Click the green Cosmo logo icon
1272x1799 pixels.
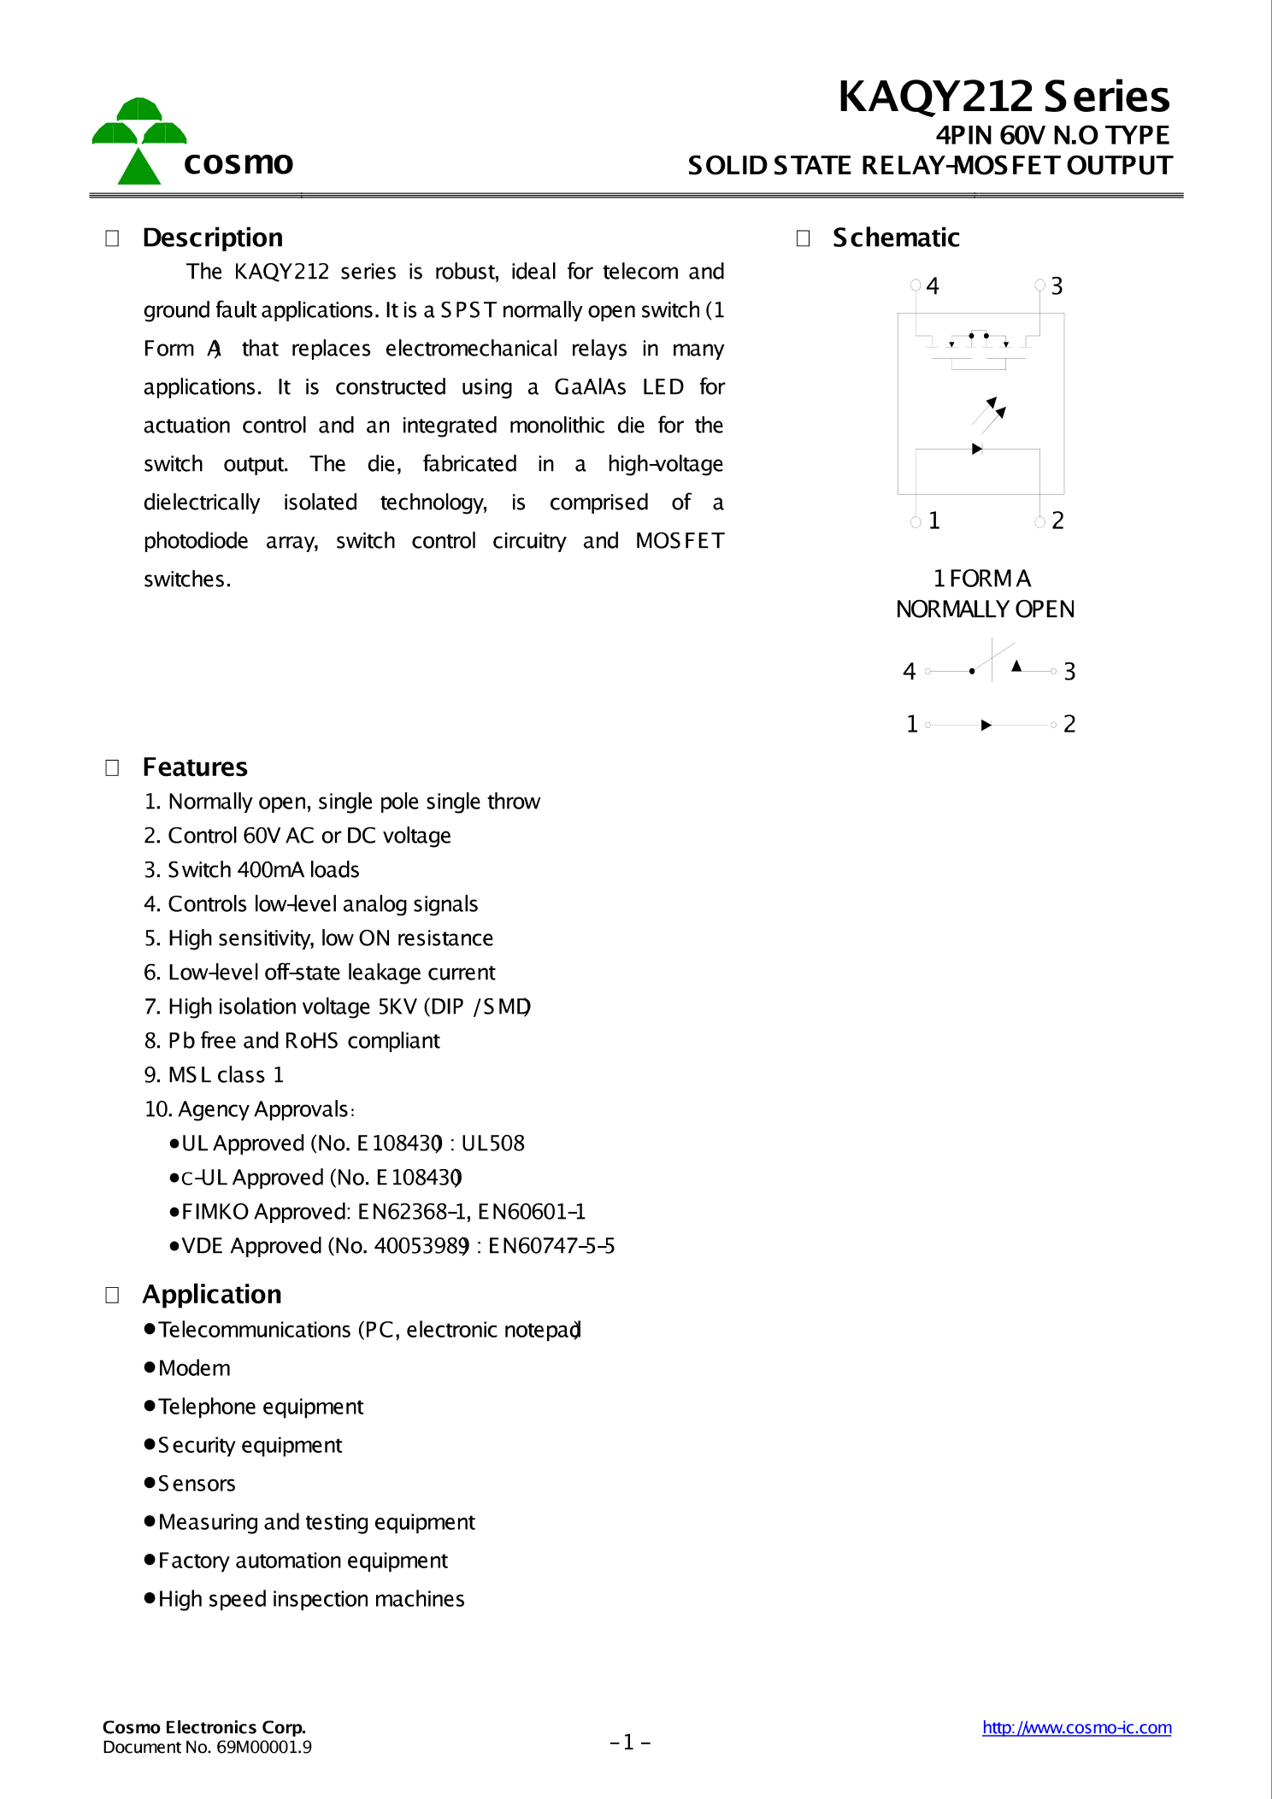[x=138, y=141]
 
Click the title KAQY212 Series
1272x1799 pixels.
[x=1004, y=97]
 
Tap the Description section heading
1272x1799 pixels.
[x=212, y=238]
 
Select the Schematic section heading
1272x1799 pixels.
[x=895, y=238]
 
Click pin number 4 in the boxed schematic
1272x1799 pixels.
[x=932, y=286]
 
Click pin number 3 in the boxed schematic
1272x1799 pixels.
[x=1057, y=286]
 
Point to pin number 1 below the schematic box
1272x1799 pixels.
[x=933, y=520]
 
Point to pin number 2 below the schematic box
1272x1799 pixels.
[x=1057, y=520]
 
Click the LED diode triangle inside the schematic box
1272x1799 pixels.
[x=976, y=449]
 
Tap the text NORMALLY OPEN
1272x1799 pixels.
[x=985, y=609]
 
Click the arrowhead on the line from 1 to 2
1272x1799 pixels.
[x=986, y=725]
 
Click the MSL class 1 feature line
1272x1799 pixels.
[x=214, y=1075]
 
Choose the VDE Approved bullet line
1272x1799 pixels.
[x=392, y=1246]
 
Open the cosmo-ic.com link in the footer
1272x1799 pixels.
[x=1076, y=1727]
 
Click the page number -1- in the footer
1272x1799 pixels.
[x=630, y=1742]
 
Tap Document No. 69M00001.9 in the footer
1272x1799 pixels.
[x=207, y=1747]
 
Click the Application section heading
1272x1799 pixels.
[x=211, y=1295]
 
